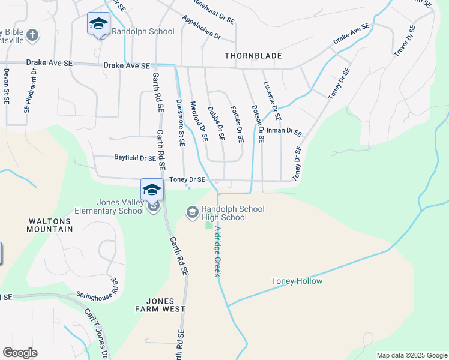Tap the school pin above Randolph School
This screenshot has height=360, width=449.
pos(98,24)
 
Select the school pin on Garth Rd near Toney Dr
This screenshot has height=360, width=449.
pos(152,190)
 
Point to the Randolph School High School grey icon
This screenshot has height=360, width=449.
pos(193,212)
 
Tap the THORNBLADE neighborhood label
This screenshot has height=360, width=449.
pos(253,56)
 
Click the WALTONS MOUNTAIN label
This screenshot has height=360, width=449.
pos(50,224)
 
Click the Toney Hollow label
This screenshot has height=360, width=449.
pos(297,281)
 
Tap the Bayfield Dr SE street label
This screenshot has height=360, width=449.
pos(135,158)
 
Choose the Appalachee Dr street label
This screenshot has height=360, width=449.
pos(202,28)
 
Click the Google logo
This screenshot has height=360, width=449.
pos(20,353)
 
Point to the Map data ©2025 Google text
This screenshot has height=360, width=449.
pos(411,355)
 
